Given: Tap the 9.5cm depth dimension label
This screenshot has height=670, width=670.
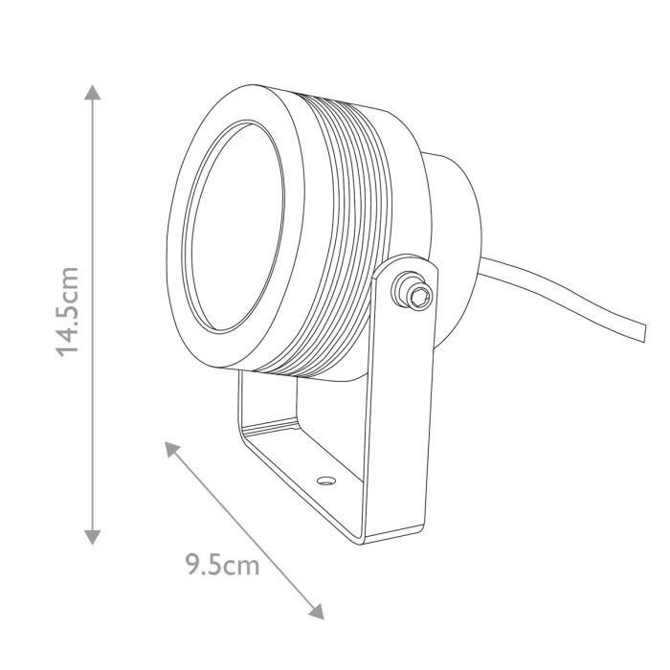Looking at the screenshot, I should point(223,566).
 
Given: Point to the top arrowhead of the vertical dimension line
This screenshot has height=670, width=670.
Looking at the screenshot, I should point(92,92).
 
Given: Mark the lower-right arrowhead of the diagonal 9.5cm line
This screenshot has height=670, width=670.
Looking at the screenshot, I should point(317,612).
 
